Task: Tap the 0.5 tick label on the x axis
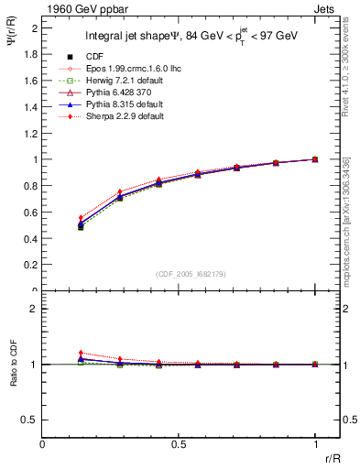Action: pyautogui.click(x=179, y=445)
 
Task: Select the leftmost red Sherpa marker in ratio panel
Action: pyautogui.click(x=81, y=353)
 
